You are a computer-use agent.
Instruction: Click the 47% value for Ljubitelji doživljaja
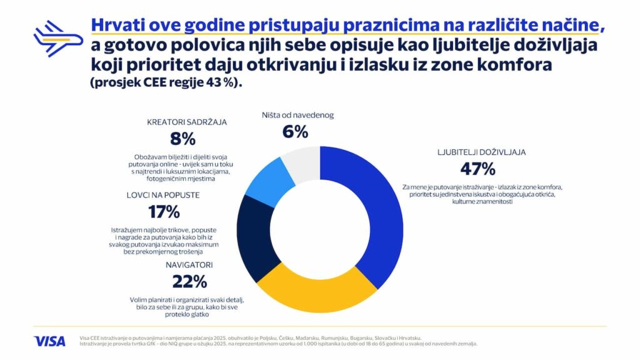pyautogui.click(x=477, y=169)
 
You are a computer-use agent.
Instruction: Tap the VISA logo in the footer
pyautogui.click(x=49, y=341)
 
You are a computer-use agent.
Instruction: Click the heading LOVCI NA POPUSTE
pyautogui.click(x=163, y=195)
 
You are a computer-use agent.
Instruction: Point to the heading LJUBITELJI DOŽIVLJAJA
pyautogui.click(x=477, y=152)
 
